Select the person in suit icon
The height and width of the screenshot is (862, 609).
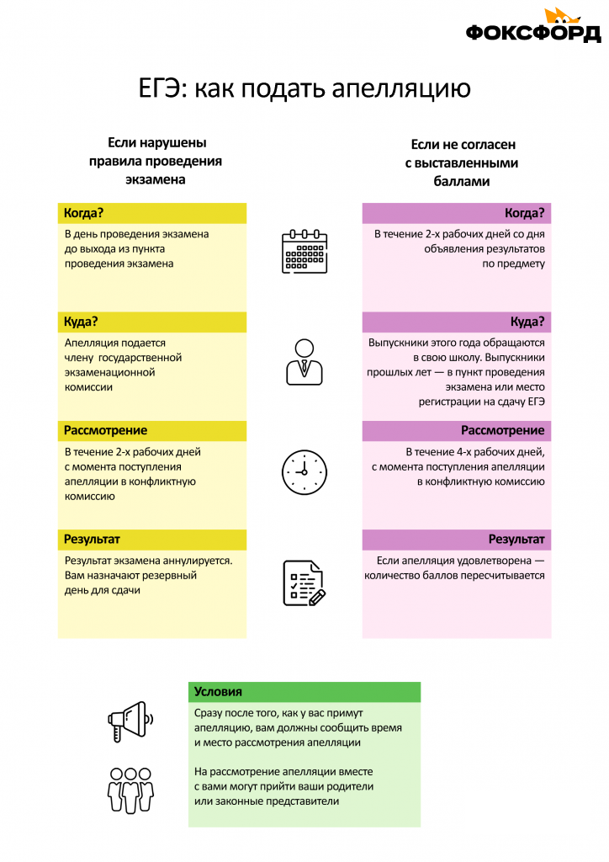[304, 362]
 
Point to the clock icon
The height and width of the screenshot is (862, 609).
[304, 472]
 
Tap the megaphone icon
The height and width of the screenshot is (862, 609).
[130, 721]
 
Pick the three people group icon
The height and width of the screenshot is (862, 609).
[130, 790]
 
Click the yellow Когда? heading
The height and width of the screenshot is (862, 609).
[83, 213]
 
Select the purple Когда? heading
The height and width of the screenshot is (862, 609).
[524, 213]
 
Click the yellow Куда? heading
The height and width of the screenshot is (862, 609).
[81, 322]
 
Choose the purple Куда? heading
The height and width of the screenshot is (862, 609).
[527, 322]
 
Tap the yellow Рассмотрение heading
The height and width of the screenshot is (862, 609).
[105, 430]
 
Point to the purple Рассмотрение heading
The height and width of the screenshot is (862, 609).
[503, 430]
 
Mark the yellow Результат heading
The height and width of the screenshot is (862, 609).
[92, 540]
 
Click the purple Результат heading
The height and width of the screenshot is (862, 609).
[516, 540]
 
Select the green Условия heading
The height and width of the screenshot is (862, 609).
[218, 692]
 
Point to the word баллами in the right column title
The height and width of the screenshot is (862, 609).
[462, 182]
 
